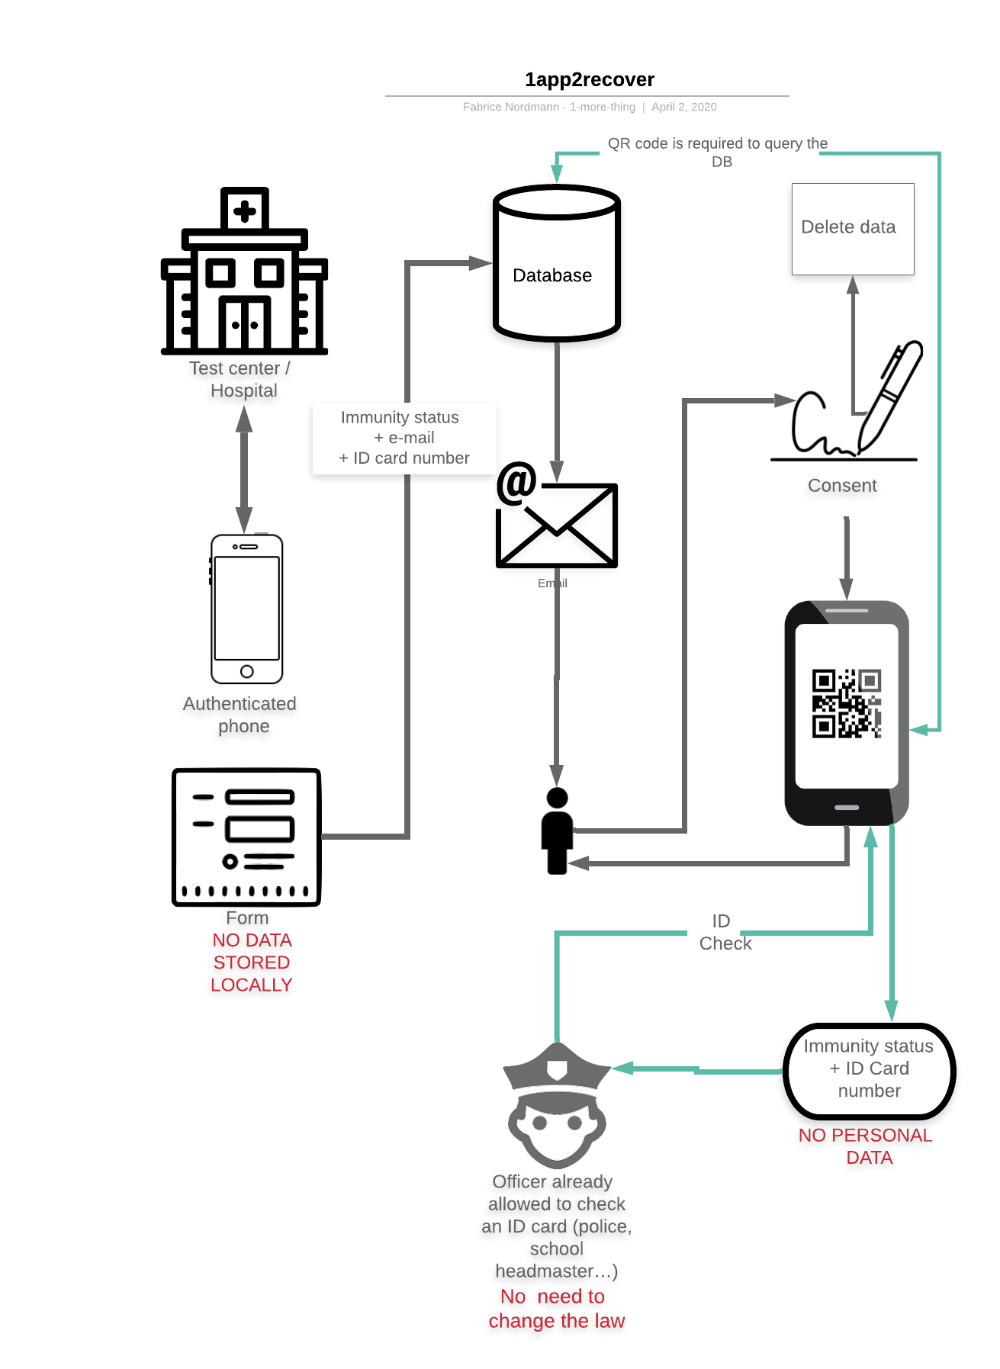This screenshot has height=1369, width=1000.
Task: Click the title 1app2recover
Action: [589, 79]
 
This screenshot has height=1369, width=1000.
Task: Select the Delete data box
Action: [852, 228]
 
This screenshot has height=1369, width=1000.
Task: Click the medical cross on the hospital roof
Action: [244, 210]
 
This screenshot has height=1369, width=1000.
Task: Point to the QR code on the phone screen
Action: [846, 703]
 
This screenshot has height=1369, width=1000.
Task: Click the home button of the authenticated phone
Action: [246, 671]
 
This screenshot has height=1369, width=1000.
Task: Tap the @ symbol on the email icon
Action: [516, 484]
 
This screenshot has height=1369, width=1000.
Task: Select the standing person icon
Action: [557, 831]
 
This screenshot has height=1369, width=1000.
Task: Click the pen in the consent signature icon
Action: [890, 394]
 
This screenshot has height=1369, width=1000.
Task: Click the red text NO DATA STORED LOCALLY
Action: [252, 962]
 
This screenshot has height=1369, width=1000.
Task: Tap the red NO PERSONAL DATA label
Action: [866, 1146]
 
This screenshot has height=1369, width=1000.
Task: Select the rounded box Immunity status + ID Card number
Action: [869, 1069]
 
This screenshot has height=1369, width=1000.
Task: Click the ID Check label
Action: [723, 932]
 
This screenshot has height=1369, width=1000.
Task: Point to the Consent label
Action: [842, 486]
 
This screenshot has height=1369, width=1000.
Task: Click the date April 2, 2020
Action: [683, 107]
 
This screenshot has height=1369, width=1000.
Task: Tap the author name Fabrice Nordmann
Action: [510, 107]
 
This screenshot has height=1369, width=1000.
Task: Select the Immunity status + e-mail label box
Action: [404, 438]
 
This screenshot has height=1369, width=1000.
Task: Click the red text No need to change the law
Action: [556, 1308]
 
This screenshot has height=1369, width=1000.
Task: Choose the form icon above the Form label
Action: [246, 837]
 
